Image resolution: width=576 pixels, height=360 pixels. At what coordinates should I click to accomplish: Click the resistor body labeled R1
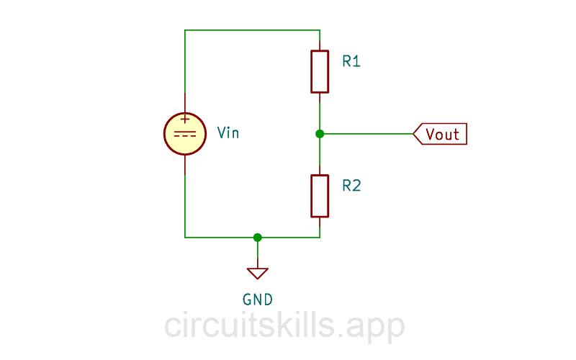pyautogui.click(x=320, y=71)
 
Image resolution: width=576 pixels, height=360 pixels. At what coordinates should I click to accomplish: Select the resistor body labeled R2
pyautogui.click(x=320, y=195)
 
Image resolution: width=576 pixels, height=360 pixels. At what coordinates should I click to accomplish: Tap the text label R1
pyautogui.click(x=351, y=62)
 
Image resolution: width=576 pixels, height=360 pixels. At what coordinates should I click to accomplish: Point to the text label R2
pyautogui.click(x=351, y=186)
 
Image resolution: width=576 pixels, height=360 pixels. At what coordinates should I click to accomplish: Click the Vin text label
pyautogui.click(x=228, y=133)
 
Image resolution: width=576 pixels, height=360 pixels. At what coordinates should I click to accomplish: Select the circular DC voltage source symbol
pyautogui.click(x=185, y=134)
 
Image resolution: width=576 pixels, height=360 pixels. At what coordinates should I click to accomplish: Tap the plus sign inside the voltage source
pyautogui.click(x=185, y=120)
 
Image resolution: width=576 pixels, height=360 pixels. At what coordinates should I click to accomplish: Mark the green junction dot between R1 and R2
pyautogui.click(x=320, y=134)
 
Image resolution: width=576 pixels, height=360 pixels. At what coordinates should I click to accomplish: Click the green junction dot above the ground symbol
pyautogui.click(x=258, y=237)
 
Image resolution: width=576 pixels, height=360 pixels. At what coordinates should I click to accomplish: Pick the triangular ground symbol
pyautogui.click(x=258, y=273)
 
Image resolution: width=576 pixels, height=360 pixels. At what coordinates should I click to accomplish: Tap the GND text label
pyautogui.click(x=258, y=300)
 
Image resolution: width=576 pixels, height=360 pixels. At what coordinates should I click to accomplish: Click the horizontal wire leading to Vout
pyautogui.click(x=367, y=134)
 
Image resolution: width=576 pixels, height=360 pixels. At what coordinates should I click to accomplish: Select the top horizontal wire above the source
pyautogui.click(x=252, y=30)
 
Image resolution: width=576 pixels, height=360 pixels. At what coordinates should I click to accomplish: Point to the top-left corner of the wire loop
pyautogui.click(x=185, y=30)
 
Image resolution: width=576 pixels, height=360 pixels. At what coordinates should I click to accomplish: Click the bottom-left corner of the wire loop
pyautogui.click(x=185, y=237)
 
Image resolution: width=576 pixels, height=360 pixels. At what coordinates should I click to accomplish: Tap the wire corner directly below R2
pyautogui.click(x=320, y=237)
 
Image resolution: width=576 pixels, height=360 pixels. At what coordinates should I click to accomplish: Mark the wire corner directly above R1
pyautogui.click(x=320, y=30)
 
